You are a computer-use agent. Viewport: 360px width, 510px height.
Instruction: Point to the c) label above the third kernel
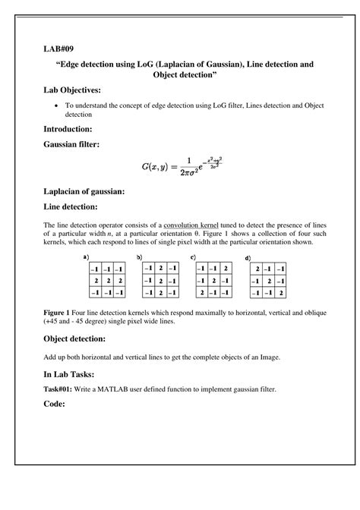click(x=194, y=257)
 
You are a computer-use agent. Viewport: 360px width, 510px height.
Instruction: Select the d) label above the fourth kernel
click(x=248, y=259)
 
